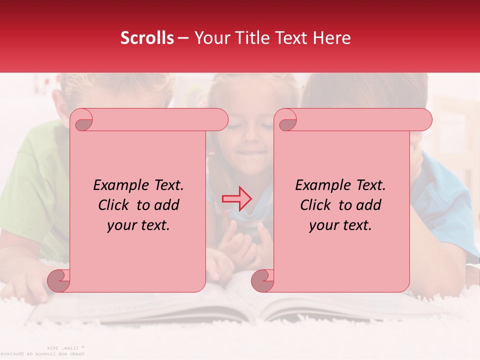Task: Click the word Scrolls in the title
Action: [x=147, y=38]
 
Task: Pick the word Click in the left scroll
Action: [x=115, y=205]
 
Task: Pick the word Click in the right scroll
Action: [x=317, y=205]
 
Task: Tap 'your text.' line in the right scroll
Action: [x=340, y=225]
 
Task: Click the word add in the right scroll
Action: [x=369, y=205]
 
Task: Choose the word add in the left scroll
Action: [x=167, y=205]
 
